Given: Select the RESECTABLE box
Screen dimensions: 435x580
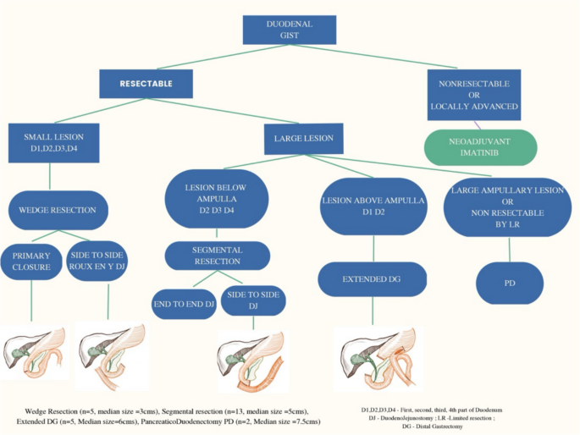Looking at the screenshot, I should tap(146, 84).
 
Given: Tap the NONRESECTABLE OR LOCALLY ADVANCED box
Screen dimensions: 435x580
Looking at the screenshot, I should tap(473, 95).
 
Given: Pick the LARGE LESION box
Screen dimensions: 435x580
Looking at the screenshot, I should tap(303, 138).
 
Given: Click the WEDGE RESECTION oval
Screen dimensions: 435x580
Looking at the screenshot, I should tap(58, 210).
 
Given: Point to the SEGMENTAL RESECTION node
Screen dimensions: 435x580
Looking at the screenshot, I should tap(218, 256).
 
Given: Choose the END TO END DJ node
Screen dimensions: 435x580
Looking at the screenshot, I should tap(184, 303).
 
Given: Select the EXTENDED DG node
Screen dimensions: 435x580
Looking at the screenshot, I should tap(366, 278).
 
